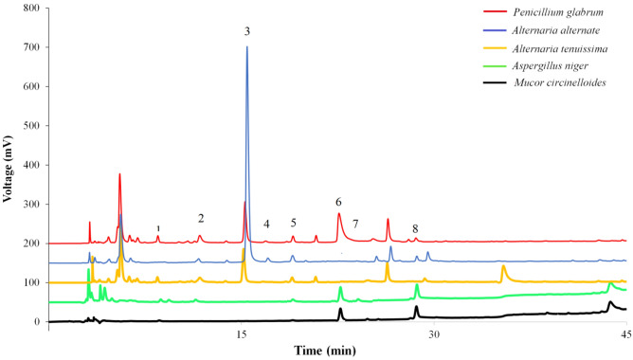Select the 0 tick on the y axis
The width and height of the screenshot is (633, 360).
[38, 322]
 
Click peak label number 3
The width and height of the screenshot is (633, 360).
[246, 31]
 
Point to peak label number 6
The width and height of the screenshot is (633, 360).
[338, 202]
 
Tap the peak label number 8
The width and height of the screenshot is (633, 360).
[415, 228]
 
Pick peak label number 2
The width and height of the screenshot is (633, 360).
[200, 218]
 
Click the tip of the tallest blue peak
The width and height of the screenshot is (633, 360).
[247, 47]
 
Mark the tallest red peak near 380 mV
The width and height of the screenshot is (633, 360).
[120, 174]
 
